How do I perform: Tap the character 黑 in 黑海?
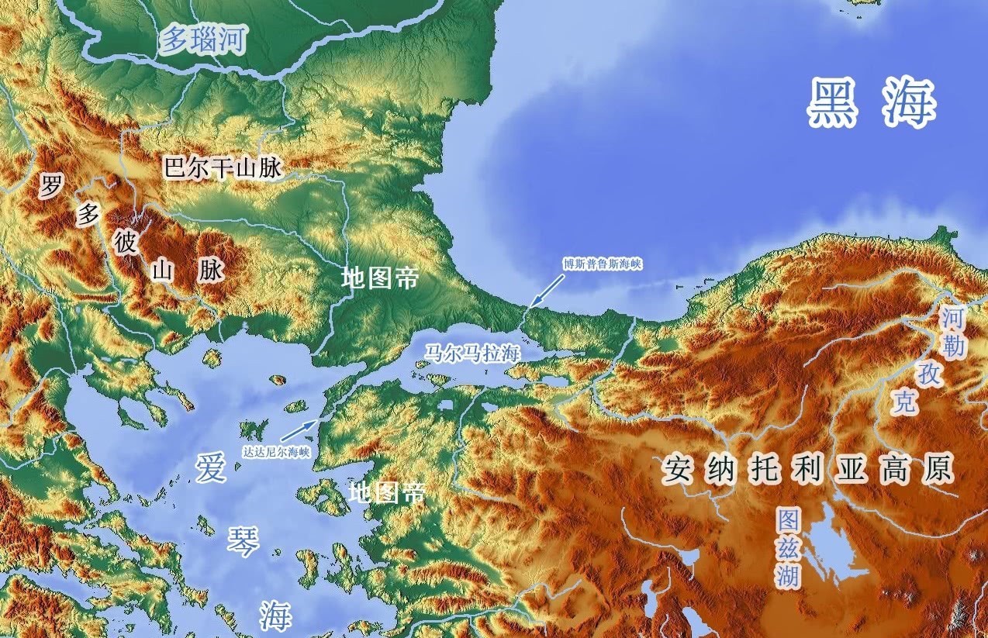point(833,104)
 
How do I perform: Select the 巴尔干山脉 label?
point(222,168)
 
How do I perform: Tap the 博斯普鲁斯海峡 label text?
point(603,264)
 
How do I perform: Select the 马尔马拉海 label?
point(471,353)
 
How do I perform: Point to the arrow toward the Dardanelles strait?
point(299,430)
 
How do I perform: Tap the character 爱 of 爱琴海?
point(211,469)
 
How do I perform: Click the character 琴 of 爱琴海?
point(242,540)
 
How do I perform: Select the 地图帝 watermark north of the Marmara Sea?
point(380,278)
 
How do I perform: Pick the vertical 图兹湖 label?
point(789,547)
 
